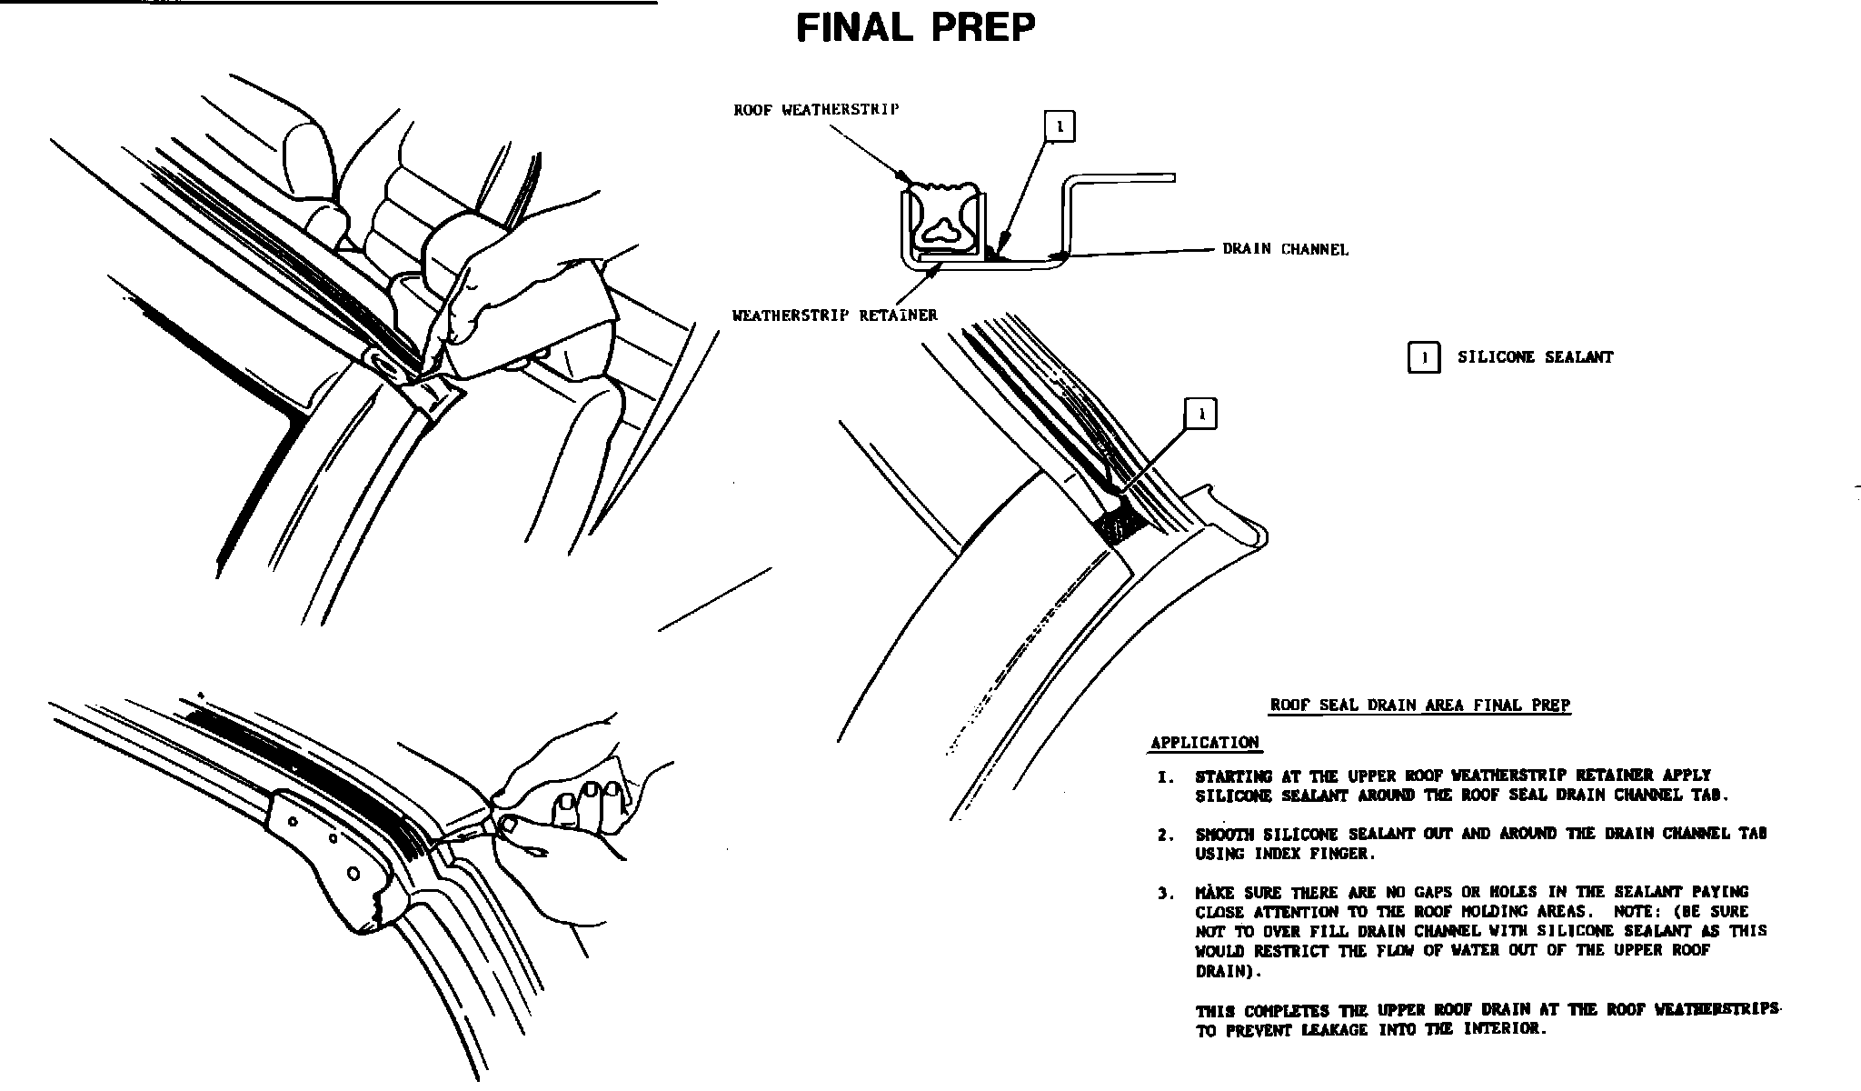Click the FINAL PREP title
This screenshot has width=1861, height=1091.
click(x=915, y=28)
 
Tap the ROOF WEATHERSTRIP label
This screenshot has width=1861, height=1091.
click(x=816, y=110)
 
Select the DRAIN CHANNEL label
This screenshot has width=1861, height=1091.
click(x=1285, y=249)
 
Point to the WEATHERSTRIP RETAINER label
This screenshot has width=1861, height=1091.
click(x=834, y=315)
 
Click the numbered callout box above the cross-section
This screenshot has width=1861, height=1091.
click(x=1060, y=126)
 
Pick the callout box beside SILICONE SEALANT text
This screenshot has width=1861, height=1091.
click(x=1423, y=358)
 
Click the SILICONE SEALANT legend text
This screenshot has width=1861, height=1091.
click(x=1535, y=358)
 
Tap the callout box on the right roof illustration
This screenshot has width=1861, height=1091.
click(x=1201, y=415)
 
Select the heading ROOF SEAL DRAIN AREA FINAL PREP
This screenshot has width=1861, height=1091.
click(x=1419, y=705)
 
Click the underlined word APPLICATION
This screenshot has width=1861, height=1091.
click(x=1204, y=743)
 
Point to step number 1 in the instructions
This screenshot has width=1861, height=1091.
click(x=1165, y=777)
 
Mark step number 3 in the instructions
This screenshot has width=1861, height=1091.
click(x=1165, y=894)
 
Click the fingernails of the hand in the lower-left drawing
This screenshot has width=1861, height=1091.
click(x=591, y=794)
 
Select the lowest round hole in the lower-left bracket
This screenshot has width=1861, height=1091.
click(x=354, y=875)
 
